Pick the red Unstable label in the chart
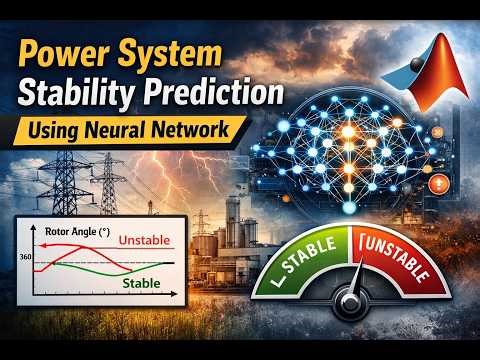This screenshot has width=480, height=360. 142,241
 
